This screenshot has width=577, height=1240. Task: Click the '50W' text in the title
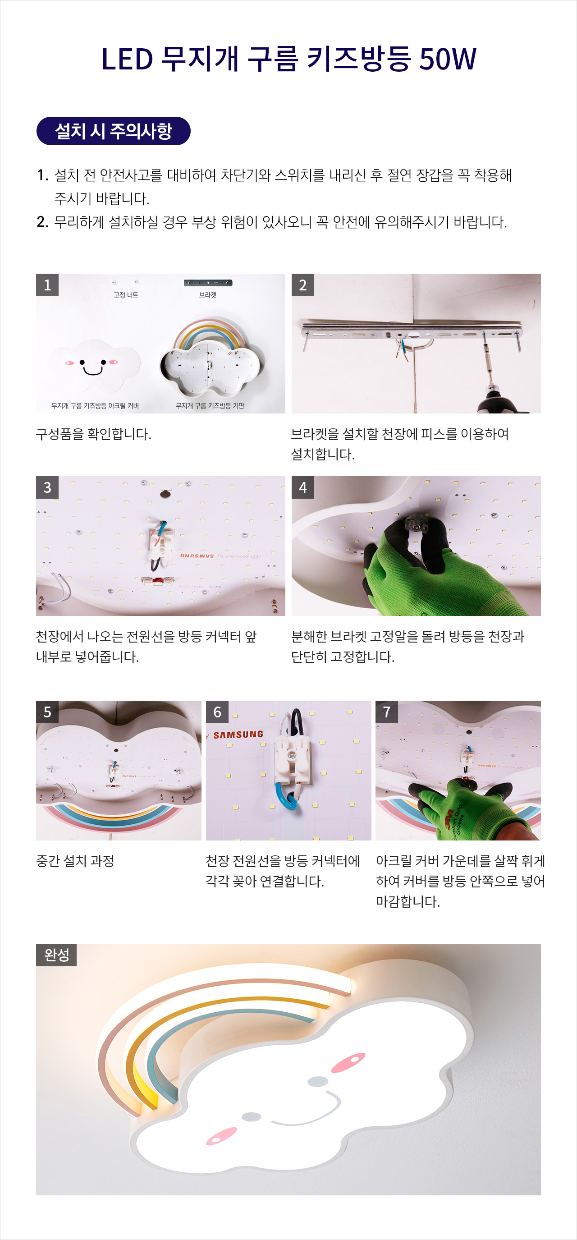(x=448, y=59)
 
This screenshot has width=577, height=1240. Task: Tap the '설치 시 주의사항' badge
(x=114, y=131)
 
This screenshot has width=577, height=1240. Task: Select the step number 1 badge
(x=47, y=285)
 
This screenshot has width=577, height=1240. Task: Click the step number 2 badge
(x=302, y=285)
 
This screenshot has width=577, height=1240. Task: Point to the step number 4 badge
(x=302, y=487)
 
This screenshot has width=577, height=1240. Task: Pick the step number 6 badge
(x=217, y=712)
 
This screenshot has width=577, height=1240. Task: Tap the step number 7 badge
(x=387, y=712)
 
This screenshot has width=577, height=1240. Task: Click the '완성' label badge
(x=56, y=955)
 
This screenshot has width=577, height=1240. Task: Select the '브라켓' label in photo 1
(x=208, y=295)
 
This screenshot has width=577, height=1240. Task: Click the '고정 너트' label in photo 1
(x=126, y=295)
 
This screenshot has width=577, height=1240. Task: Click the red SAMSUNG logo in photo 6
(x=238, y=735)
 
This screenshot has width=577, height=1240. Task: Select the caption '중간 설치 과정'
(x=75, y=861)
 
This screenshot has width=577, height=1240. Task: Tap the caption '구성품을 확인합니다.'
(x=94, y=434)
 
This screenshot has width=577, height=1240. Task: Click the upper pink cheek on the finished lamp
(x=348, y=1062)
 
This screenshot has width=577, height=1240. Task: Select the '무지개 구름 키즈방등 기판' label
(x=210, y=406)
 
